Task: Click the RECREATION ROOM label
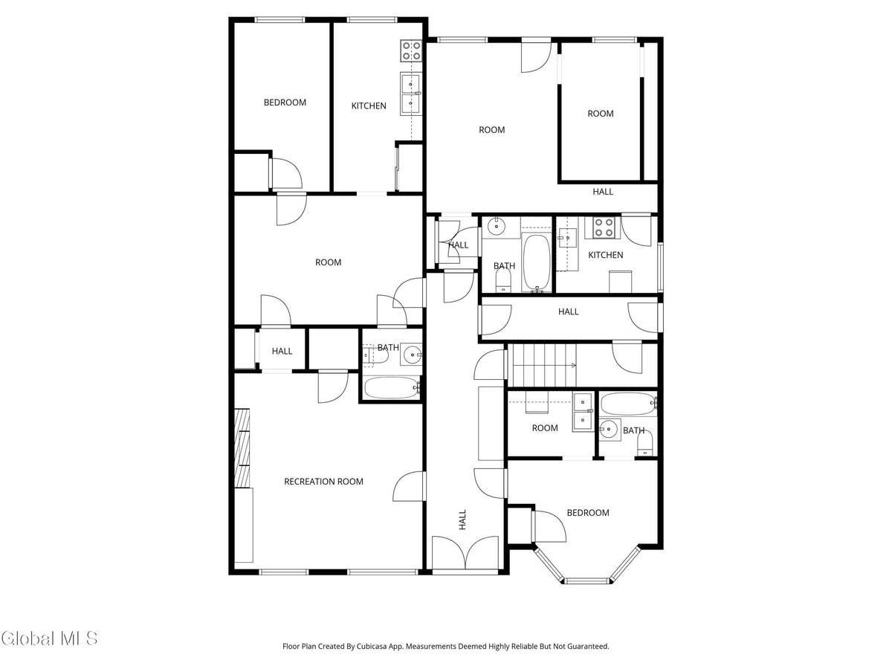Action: (323, 482)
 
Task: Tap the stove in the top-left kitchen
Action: (411, 51)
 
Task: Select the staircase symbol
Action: (543, 365)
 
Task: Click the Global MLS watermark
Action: (49, 638)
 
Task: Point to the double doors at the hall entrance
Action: (465, 552)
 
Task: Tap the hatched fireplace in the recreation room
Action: (242, 448)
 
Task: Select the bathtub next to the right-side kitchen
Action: (537, 262)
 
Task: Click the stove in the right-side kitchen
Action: (604, 227)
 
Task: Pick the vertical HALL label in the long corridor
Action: (462, 520)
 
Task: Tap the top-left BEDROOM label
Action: (285, 103)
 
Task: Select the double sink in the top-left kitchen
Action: (410, 94)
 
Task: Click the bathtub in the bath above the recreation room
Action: (392, 388)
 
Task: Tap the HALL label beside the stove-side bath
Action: (458, 245)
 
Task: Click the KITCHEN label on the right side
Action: (606, 255)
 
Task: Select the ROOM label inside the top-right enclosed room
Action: (600, 113)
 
